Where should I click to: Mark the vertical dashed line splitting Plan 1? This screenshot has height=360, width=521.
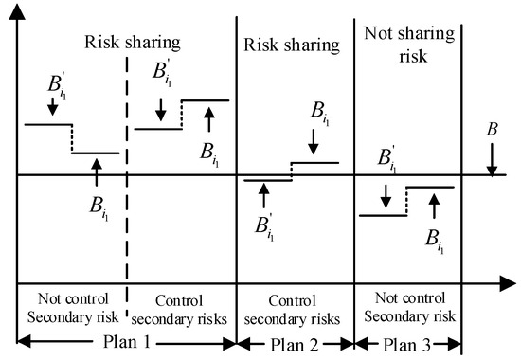(127, 189)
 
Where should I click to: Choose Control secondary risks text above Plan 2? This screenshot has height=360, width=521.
(295, 307)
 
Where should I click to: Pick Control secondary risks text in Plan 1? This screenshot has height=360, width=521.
(180, 307)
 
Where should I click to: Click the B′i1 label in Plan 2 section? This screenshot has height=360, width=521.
(265, 227)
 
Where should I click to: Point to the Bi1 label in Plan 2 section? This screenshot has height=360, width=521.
(319, 114)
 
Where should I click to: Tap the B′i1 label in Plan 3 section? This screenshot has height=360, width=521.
(386, 159)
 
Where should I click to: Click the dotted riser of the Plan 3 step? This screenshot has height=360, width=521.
(407, 201)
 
